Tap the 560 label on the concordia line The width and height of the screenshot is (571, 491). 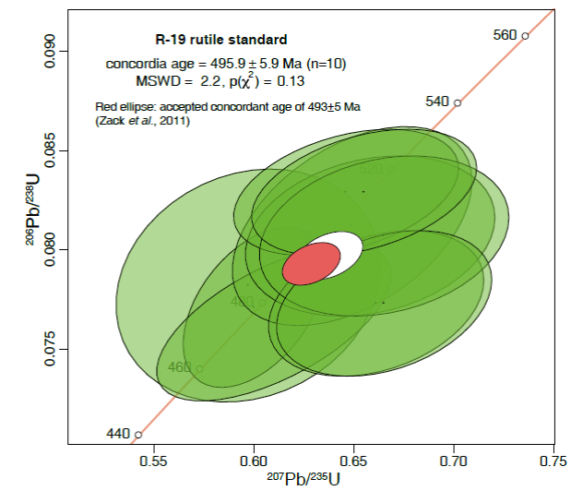pos(505,35)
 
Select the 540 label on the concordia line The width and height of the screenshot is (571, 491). pos(437,101)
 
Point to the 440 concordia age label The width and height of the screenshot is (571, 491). pos(118,433)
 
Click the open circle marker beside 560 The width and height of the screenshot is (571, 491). pos(525,36)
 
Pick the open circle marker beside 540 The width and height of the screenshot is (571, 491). pos(458,102)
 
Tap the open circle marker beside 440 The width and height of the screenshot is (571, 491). pos(138,434)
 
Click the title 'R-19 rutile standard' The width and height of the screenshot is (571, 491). pos(220,40)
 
